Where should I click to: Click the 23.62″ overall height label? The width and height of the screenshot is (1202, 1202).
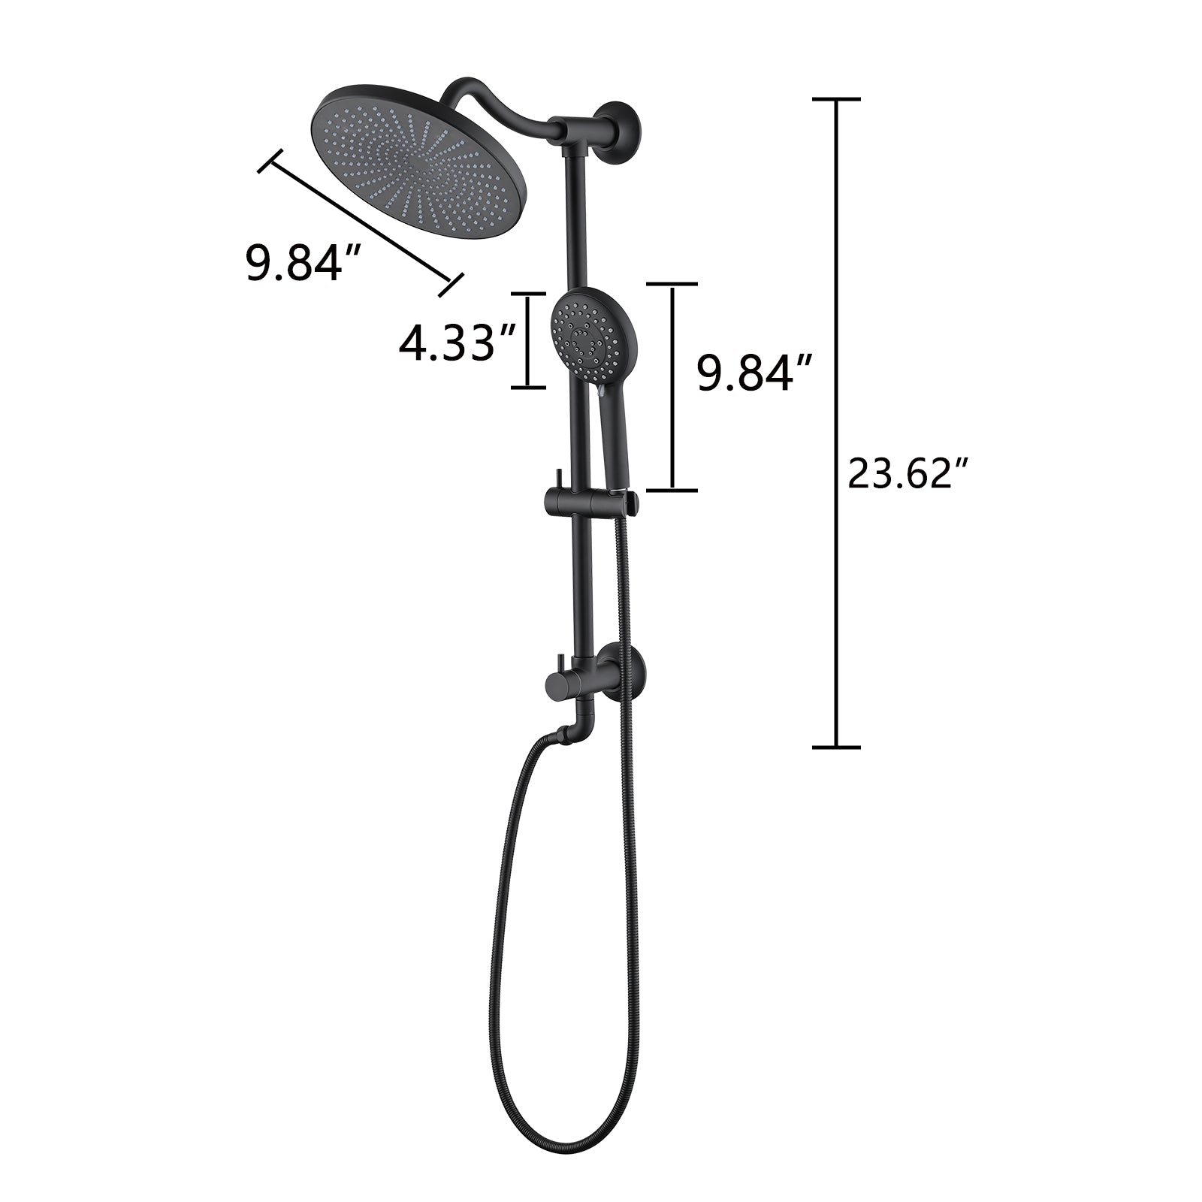(909, 474)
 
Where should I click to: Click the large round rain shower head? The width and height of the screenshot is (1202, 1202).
(418, 161)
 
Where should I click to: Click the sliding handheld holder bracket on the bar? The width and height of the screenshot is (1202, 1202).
(590, 499)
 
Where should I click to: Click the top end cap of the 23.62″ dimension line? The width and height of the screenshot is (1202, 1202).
(836, 99)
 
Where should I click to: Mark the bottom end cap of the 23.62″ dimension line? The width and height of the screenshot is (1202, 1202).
(836, 747)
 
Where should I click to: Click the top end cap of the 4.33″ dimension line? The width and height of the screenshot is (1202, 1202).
(528, 294)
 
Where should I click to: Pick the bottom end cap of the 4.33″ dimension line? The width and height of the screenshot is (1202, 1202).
(528, 388)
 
